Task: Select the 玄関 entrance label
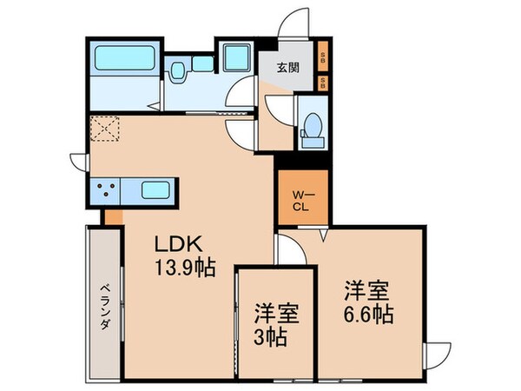(289, 68)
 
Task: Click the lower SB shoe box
(323, 83)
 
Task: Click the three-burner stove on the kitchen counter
(108, 189)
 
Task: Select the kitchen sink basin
(155, 189)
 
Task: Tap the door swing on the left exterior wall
(78, 161)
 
